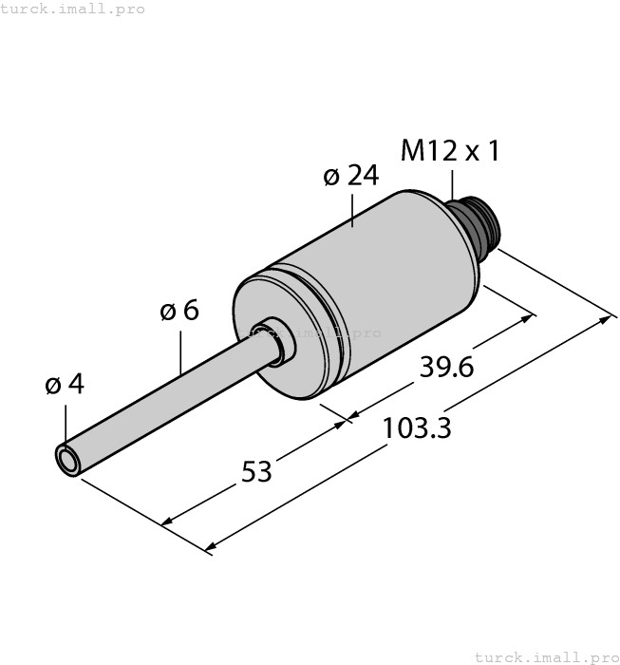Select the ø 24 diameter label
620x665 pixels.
click(x=350, y=176)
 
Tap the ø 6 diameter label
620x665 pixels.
click(x=179, y=311)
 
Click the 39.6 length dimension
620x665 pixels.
click(x=446, y=368)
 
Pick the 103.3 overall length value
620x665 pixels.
click(x=416, y=428)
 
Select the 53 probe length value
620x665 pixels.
click(x=255, y=470)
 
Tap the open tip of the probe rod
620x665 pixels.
click(x=68, y=460)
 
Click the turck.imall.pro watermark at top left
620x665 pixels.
click(x=73, y=9)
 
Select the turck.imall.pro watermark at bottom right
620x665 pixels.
click(x=545, y=656)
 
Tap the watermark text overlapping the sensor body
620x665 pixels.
click(x=310, y=332)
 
